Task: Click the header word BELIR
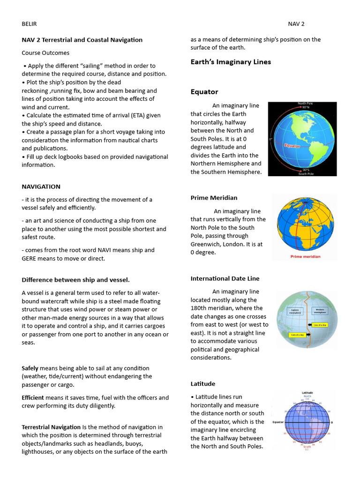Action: pos(29,24)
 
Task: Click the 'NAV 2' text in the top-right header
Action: pos(296,24)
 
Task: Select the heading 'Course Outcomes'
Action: pos(45,53)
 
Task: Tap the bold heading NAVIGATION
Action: pos(41,187)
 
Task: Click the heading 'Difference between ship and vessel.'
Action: pos(75,280)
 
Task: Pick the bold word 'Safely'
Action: pos(30,368)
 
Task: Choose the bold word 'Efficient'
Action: pos(33,397)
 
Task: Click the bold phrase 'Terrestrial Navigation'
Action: pos(51,427)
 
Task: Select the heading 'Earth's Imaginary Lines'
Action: pos(231,62)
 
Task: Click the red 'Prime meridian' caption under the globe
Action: pos(306,256)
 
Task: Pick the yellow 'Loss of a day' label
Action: pos(320,325)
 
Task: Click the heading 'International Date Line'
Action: pos(225,278)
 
